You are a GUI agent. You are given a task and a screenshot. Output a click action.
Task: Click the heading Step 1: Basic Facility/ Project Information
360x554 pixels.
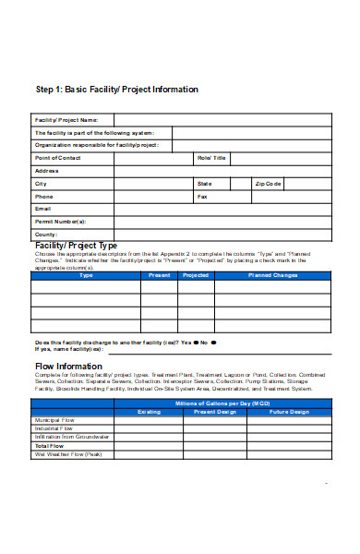[x=116, y=90]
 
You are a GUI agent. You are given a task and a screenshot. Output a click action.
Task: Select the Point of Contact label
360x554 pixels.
[x=58, y=158]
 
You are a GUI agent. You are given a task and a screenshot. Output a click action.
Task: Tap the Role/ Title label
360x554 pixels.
[x=211, y=158]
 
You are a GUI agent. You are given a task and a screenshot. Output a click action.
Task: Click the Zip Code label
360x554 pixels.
[x=269, y=184]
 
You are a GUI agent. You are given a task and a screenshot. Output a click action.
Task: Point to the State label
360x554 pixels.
[x=204, y=184]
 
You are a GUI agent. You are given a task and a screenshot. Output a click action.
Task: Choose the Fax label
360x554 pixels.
[x=202, y=197]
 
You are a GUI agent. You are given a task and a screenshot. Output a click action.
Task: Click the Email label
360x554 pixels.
[x=42, y=209]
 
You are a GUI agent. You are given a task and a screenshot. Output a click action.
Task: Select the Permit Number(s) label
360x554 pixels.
[x=60, y=222]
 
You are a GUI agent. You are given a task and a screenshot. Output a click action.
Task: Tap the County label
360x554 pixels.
[x=46, y=235]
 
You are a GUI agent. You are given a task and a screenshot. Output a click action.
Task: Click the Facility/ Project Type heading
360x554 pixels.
[x=76, y=247]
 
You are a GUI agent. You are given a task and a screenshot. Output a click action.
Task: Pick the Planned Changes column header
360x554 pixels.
[x=272, y=275]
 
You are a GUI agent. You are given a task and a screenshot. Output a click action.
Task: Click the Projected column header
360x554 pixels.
[x=196, y=275]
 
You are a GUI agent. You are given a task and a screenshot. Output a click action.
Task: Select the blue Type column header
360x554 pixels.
[x=86, y=275]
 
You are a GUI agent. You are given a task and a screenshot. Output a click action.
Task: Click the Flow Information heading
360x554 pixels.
[x=68, y=367]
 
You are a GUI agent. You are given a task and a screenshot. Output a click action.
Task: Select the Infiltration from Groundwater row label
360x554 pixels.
[x=72, y=437]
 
